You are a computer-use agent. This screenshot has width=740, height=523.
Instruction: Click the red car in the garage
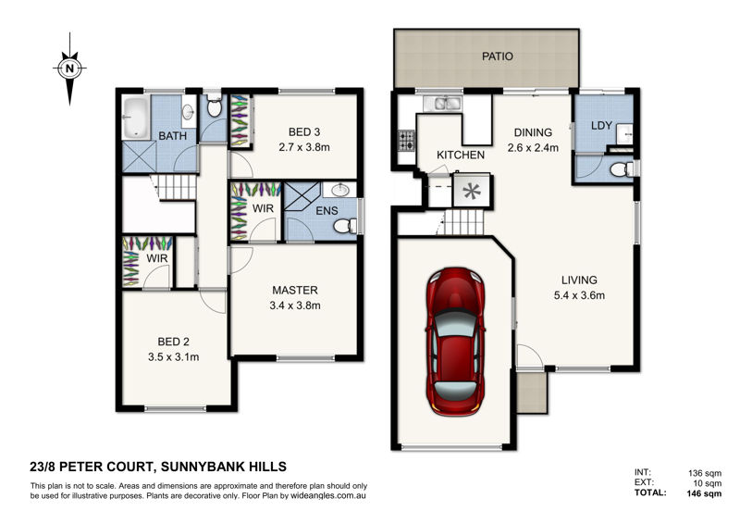[456, 342]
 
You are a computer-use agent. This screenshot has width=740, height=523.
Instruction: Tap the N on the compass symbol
[70, 68]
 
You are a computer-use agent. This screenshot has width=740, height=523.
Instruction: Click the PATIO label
[498, 56]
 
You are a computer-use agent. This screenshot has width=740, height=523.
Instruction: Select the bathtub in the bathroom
[136, 118]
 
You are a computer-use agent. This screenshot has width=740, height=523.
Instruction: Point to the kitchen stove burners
[406, 141]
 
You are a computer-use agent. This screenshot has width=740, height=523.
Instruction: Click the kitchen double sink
[442, 104]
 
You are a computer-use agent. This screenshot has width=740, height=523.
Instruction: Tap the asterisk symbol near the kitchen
[471, 192]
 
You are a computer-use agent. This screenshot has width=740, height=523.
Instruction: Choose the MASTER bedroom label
[295, 290]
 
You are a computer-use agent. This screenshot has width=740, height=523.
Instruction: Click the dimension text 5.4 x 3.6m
[579, 295]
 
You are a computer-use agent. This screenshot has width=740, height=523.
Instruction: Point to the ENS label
[327, 211]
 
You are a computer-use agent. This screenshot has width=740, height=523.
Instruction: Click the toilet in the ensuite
[345, 226]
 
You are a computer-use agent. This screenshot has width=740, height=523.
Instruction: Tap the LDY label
[601, 126]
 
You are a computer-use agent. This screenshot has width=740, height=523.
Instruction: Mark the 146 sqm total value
[704, 493]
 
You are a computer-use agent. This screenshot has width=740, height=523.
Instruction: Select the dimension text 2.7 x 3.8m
[304, 147]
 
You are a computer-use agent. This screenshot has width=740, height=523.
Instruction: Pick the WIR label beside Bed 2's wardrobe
[156, 258]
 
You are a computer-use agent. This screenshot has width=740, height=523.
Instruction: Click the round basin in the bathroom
[189, 111]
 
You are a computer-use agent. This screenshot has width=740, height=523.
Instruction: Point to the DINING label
[533, 132]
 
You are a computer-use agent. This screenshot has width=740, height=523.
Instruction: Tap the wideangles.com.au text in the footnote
[328, 496]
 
